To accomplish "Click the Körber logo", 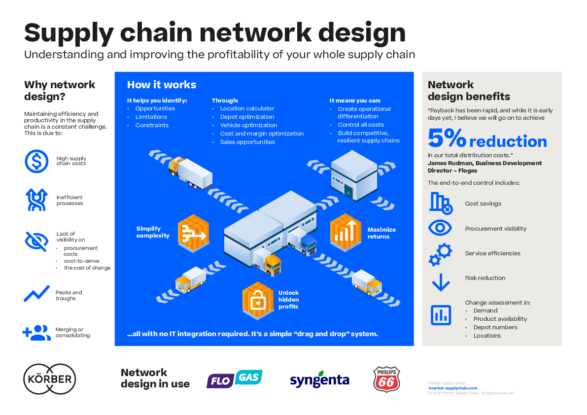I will point(49,379).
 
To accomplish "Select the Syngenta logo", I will point(319,380).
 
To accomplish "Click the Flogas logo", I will point(234,380).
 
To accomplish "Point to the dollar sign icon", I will point(36,161).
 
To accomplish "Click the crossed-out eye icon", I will point(36,241).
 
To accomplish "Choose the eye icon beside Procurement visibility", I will point(440,228).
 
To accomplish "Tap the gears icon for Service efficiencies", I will point(440,254).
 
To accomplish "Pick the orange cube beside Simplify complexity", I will point(193,232).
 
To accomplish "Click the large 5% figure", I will point(447,139).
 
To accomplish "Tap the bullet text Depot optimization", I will point(247,117).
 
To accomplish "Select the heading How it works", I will point(162,85).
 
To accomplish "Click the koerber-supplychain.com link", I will point(452,388).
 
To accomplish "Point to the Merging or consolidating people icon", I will point(36,333).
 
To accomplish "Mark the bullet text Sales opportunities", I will point(247,142).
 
